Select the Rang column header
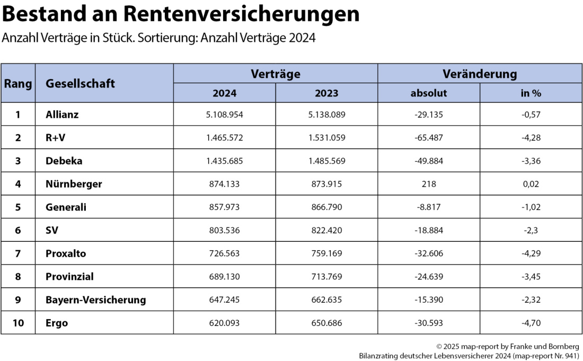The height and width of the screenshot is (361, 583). tap(18, 83)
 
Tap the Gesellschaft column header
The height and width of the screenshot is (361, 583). tap(80, 83)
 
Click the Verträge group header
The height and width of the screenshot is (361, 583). tap(276, 74)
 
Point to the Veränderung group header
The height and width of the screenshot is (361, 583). tap(480, 74)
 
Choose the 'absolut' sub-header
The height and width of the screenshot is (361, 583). tap(429, 93)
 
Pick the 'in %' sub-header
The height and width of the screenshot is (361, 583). tap(531, 93)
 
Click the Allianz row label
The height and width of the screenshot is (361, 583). tap(63, 114)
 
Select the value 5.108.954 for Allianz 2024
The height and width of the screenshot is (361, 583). tap(225, 114)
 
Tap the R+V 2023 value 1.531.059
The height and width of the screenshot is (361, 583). tap(326, 137)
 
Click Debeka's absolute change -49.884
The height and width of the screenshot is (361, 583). tap(429, 161)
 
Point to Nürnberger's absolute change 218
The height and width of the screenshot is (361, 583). tap(429, 184)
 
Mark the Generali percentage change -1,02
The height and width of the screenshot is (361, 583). tap(531, 207)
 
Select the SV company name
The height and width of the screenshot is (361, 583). tap(52, 230)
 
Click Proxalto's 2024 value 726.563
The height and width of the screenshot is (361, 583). tap(225, 253)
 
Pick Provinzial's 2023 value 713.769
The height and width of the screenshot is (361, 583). tap(326, 277)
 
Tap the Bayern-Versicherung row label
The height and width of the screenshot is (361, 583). tap(95, 300)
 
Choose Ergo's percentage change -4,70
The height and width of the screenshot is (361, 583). tap(531, 323)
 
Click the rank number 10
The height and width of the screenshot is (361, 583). tap(18, 323)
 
